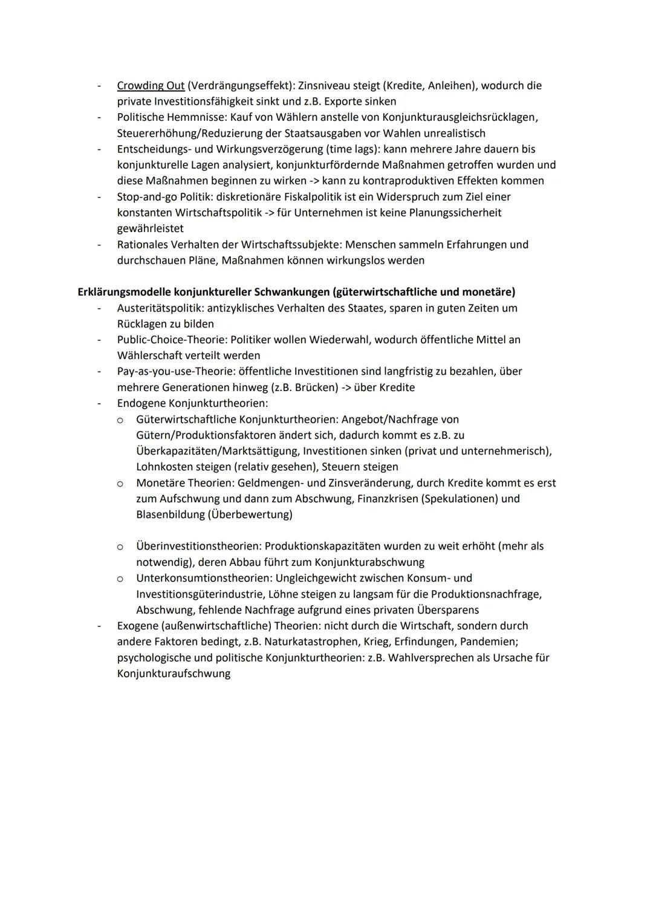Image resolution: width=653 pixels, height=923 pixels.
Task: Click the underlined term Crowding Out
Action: [151, 86]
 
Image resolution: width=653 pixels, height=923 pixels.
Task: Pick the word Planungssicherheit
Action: [455, 213]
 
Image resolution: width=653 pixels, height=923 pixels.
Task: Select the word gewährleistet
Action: [151, 228]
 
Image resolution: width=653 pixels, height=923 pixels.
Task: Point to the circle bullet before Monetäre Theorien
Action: [120, 484]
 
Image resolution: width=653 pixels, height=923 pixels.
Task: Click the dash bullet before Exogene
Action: [99, 626]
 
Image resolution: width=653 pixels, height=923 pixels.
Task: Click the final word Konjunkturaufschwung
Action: [174, 673]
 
